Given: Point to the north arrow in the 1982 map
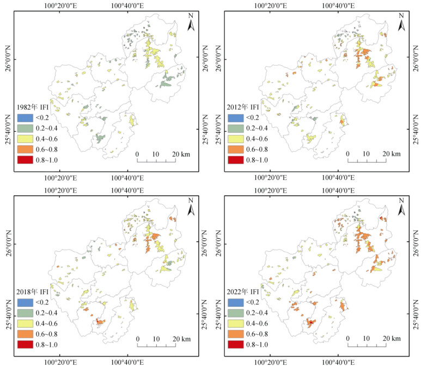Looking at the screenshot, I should [x=191, y=24].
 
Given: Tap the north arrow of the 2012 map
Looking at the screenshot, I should [x=401, y=24].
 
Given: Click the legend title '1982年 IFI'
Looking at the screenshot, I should [x=33, y=107].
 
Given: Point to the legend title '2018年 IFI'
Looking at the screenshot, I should [x=33, y=291].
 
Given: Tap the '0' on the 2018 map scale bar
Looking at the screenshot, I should [x=137, y=339].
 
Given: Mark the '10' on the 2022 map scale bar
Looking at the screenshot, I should [x=366, y=339].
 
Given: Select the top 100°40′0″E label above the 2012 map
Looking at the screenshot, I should [x=338, y=6].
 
